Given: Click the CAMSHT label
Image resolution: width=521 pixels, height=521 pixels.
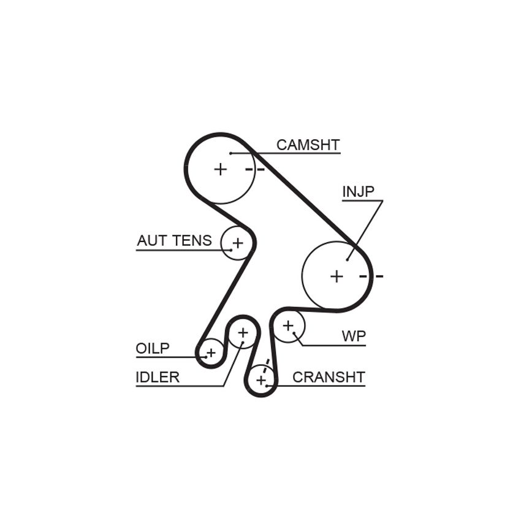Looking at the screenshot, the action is point(308,145).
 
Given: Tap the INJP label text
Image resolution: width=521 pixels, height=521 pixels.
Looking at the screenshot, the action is point(358,191).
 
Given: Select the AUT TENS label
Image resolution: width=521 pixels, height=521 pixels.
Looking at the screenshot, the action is point(174,240).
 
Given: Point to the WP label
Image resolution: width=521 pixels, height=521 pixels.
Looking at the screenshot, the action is point(354,337).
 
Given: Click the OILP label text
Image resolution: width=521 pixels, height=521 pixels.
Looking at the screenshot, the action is point(153,348).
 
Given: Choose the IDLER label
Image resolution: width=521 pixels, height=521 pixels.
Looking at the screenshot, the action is point(158,377).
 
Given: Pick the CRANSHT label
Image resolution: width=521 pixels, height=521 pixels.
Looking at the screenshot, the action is point(329,377).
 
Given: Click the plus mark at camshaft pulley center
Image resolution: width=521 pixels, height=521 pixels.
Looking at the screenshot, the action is point(220,169).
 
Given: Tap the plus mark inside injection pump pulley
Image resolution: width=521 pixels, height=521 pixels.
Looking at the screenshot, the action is point(337,276).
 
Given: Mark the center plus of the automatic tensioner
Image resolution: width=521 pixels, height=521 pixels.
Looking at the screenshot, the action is point(238,243).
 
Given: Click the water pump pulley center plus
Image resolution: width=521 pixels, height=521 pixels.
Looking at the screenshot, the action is point(289,325).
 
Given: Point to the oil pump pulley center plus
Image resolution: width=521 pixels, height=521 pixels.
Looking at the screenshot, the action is point(211,352).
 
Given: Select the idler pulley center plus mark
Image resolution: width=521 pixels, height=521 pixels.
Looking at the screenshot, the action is point(243,332).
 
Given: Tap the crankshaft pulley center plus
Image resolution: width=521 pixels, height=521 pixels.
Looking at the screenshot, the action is point(261,380).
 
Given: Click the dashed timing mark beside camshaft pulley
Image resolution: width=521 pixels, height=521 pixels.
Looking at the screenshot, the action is point(255,170).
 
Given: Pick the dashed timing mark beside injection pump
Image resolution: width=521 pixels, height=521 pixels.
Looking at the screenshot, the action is point(371,276).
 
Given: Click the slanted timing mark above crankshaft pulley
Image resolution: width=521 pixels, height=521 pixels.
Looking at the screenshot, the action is point(266,366).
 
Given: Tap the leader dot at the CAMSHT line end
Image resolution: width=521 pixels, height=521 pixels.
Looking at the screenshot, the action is point(230,153).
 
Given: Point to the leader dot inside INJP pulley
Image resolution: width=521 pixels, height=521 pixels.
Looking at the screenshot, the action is point(347,259).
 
